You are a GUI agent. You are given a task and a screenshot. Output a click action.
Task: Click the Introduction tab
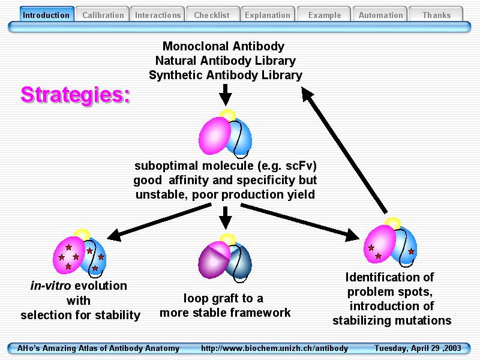point(46,15)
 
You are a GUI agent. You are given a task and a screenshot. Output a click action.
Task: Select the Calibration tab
point(103,15)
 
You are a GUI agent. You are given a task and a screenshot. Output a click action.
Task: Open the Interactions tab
point(158,15)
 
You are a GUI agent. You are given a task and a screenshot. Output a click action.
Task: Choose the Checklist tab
point(212,15)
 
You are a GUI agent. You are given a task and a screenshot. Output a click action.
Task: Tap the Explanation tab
point(268,15)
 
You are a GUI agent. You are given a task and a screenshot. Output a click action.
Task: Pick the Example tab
point(325,15)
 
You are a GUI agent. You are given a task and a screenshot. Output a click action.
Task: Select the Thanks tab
point(436,15)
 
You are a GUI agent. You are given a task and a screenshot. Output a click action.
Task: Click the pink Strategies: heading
point(75,95)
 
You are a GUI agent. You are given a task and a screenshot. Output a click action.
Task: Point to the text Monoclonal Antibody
point(223,46)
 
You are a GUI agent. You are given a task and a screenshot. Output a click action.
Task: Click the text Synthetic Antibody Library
point(226,75)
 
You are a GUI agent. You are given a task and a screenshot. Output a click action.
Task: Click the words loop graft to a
point(223,298)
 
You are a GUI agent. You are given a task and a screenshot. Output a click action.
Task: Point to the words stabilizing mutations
point(392,320)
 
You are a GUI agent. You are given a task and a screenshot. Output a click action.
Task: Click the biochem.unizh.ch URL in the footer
point(274,349)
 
